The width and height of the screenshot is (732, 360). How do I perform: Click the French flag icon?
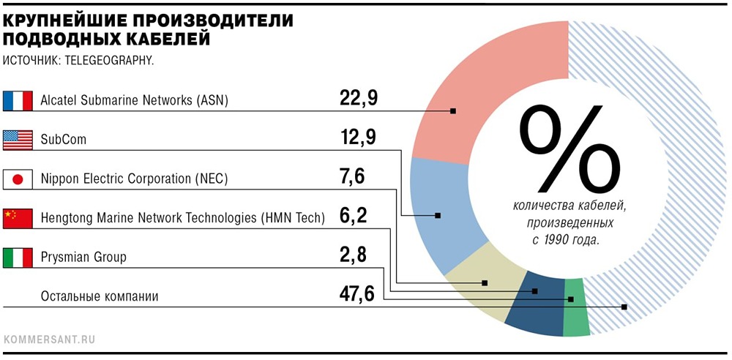pyautogui.click(x=18, y=100)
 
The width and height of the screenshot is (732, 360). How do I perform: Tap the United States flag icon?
pyautogui.click(x=18, y=140)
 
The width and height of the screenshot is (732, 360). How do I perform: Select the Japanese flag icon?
pyautogui.click(x=18, y=179)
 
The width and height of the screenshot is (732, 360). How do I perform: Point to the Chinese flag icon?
pyautogui.click(x=18, y=219)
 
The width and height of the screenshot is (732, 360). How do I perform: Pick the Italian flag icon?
pyautogui.click(x=18, y=258)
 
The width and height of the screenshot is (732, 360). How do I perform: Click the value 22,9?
pyautogui.click(x=358, y=99)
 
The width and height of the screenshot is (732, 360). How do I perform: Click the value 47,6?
pyautogui.click(x=357, y=295)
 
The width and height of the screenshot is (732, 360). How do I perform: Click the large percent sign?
pyautogui.click(x=569, y=149)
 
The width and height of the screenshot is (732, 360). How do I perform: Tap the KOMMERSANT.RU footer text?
pyautogui.click(x=49, y=340)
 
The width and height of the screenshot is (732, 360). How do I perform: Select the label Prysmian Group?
pyautogui.click(x=83, y=258)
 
